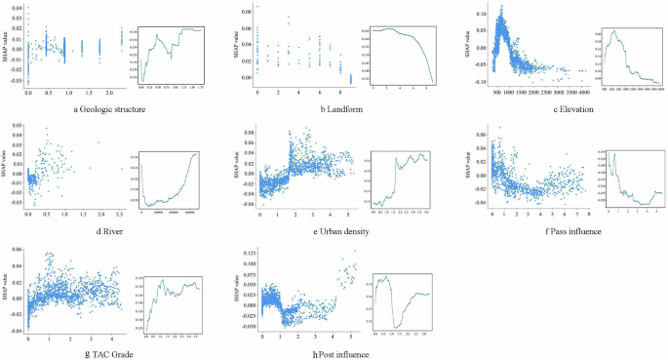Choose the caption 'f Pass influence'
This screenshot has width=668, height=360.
(x=549, y=232)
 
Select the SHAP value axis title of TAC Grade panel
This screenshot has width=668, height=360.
(x=8, y=290)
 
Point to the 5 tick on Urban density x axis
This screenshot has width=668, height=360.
(x=349, y=217)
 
